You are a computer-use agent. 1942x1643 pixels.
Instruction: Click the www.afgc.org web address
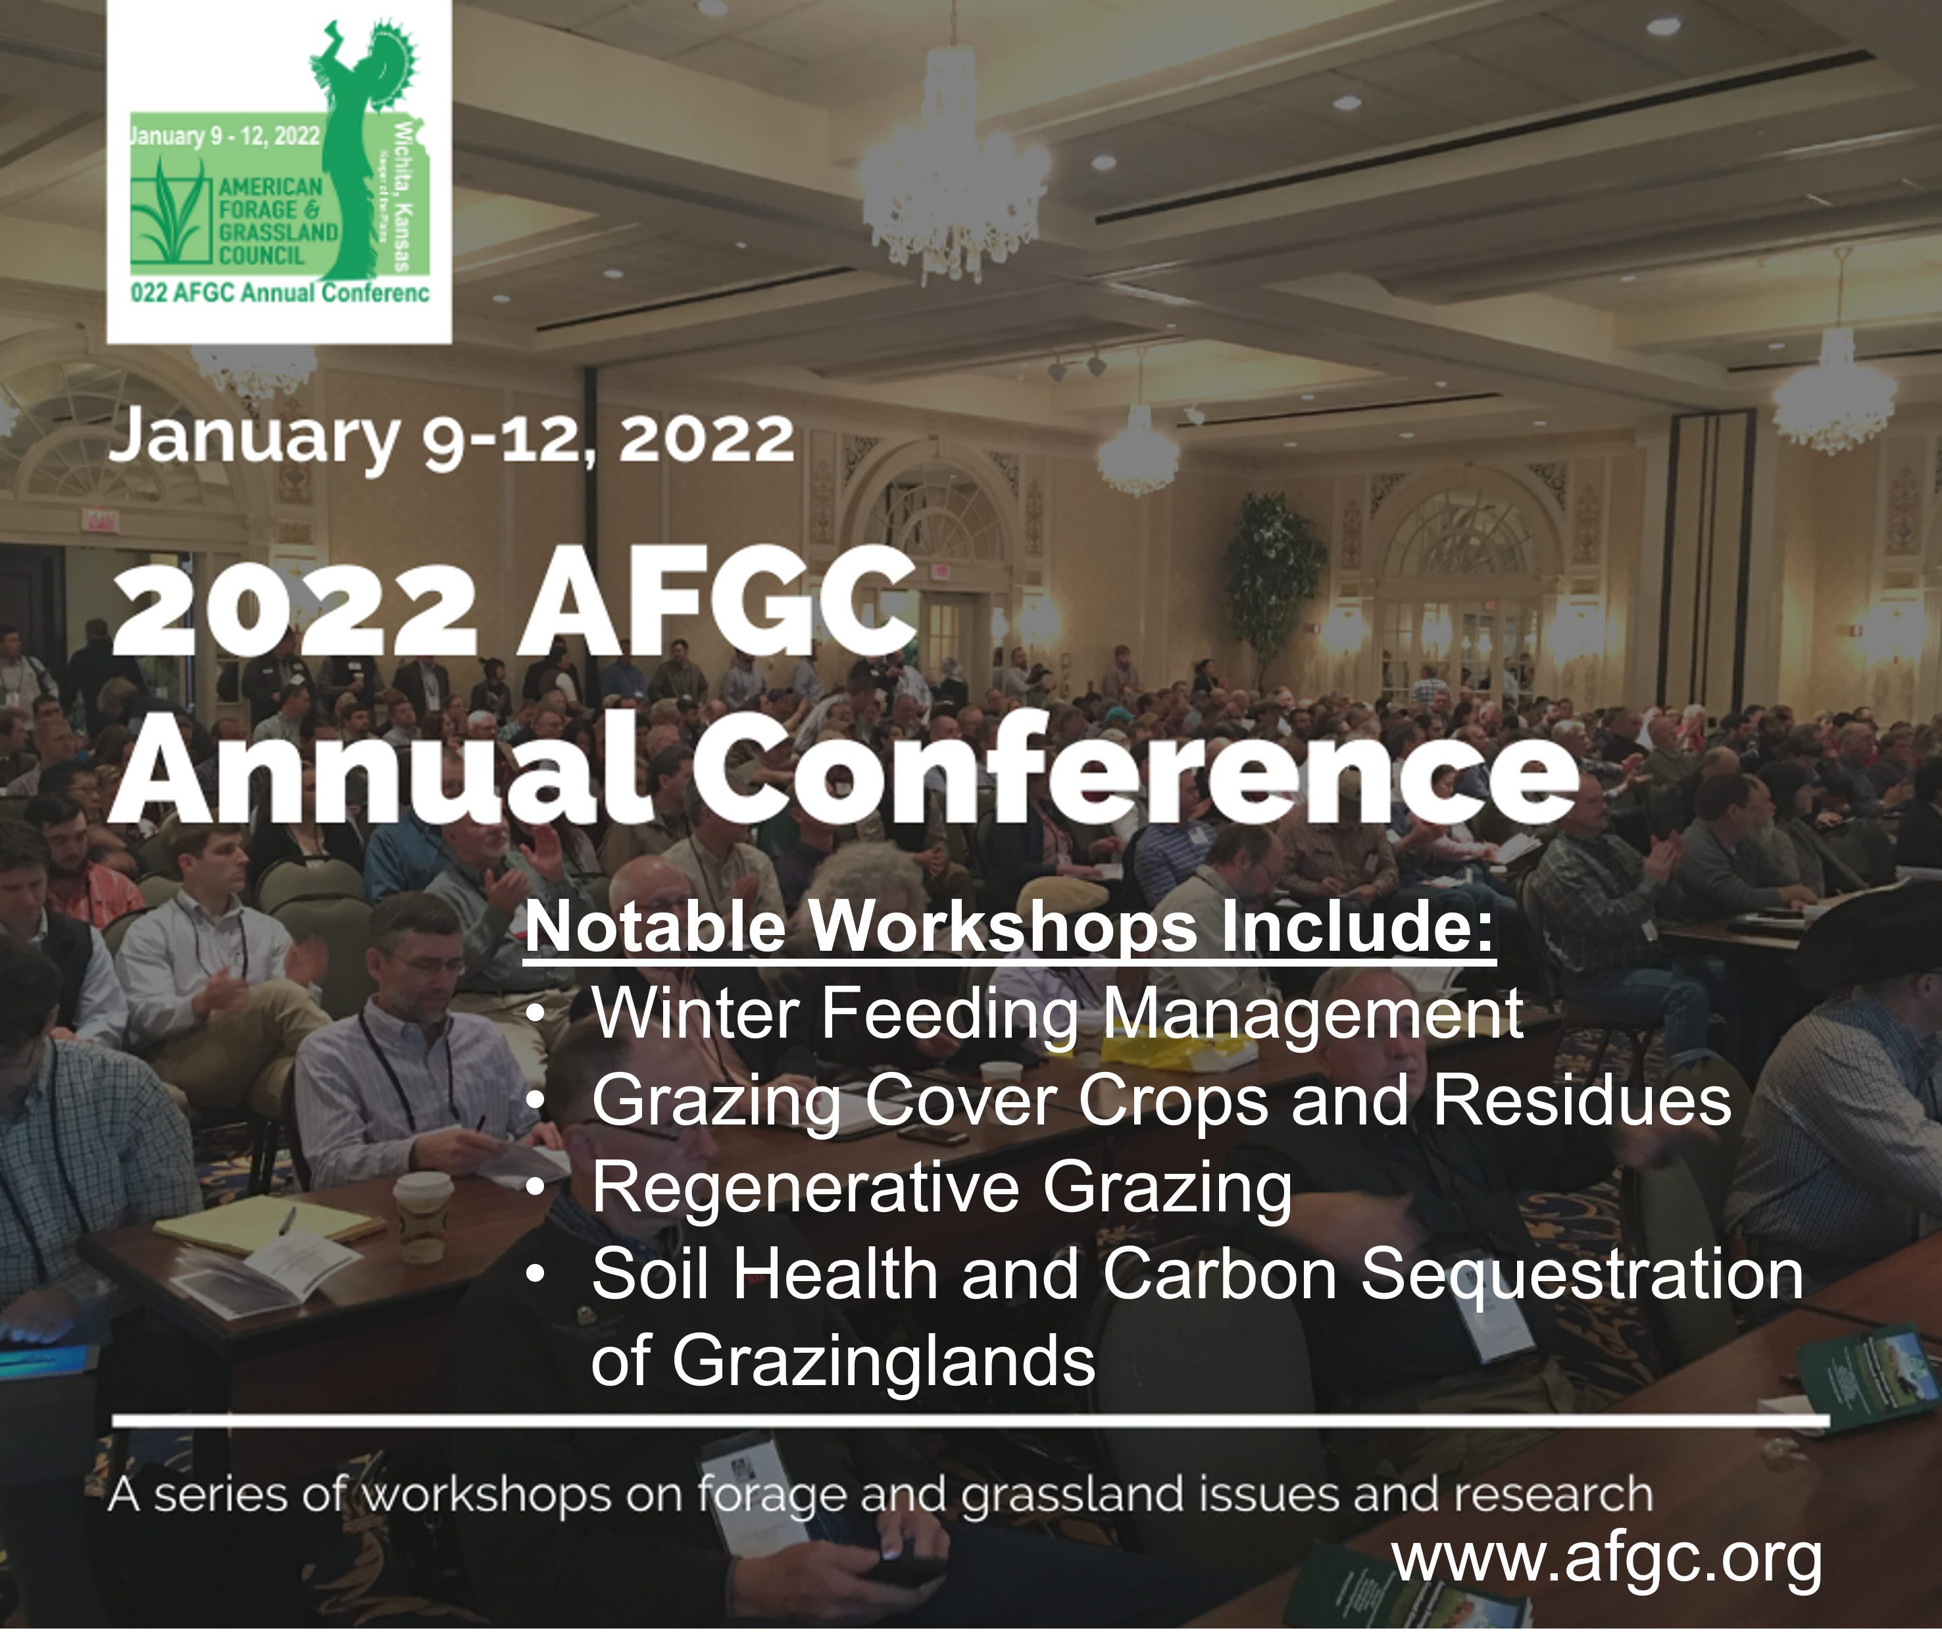(x=1608, y=1557)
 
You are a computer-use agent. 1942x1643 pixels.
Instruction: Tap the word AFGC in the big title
(x=718, y=601)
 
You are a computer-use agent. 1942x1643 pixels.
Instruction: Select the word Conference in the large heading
(x=1135, y=769)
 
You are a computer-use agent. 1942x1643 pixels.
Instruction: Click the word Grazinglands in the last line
(x=884, y=1361)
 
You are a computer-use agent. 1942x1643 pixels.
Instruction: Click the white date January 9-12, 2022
(x=451, y=439)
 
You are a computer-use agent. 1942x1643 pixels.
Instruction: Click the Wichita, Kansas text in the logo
(x=404, y=195)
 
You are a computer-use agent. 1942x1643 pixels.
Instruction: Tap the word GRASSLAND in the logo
(x=278, y=232)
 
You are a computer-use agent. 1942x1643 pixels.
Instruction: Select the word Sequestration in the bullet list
(x=1583, y=1275)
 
